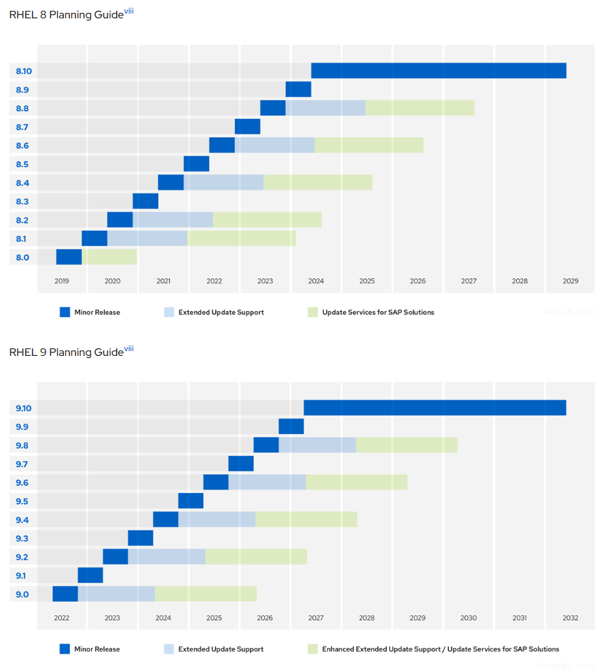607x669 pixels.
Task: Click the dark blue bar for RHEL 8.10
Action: click(x=439, y=71)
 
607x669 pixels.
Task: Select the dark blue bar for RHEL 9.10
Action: click(x=435, y=408)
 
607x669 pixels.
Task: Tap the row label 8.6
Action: click(x=22, y=145)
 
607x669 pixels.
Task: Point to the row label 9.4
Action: click(x=22, y=520)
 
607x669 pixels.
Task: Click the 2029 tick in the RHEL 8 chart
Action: click(x=570, y=281)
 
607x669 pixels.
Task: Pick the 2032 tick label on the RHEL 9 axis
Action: click(x=570, y=618)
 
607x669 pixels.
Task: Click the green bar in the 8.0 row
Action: click(x=109, y=257)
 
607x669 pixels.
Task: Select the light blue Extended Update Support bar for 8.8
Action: click(x=325, y=108)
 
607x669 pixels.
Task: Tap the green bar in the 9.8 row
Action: click(x=406, y=445)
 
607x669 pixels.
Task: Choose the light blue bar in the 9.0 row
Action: click(x=116, y=594)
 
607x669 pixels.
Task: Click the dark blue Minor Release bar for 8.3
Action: click(x=145, y=201)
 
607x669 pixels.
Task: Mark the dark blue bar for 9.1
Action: click(x=90, y=575)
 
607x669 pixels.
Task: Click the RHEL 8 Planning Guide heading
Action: click(x=67, y=14)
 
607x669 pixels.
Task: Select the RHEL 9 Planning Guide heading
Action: click(x=67, y=352)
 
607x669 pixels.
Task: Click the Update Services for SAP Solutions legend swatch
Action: click(x=312, y=312)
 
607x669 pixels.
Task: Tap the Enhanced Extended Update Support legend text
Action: click(x=441, y=649)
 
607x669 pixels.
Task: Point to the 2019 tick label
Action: click(x=62, y=281)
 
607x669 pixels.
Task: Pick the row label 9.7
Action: click(x=22, y=464)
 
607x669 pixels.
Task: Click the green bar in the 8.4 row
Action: click(x=318, y=182)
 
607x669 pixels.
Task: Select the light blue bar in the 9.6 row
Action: click(x=267, y=482)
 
